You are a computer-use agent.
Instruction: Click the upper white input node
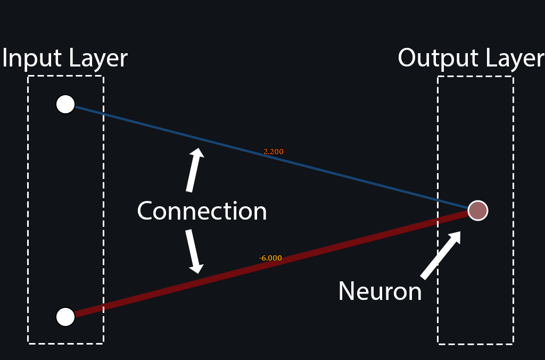[65, 104]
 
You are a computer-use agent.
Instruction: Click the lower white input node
[65, 317]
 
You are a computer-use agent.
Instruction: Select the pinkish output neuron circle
[478, 211]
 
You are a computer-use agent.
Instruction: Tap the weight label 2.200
[273, 152]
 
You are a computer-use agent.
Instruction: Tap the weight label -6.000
[270, 258]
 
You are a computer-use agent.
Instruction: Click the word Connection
[202, 211]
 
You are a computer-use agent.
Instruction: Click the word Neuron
[380, 291]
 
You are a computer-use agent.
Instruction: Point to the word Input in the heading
[31, 58]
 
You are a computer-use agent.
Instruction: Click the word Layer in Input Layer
[98, 58]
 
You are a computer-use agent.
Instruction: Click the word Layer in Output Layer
[515, 58]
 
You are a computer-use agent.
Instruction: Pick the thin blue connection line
[271, 157]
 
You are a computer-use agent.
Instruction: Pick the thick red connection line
[271, 264]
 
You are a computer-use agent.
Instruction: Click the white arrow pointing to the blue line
[195, 170]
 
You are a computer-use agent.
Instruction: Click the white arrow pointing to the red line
[194, 252]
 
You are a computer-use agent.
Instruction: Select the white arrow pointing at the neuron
[441, 255]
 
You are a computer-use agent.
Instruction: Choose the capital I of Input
[4, 57]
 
